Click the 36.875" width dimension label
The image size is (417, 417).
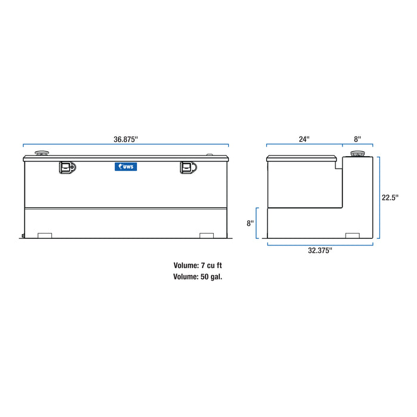[126, 139]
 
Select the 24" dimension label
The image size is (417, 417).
[304, 139]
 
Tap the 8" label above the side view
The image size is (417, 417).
[357, 139]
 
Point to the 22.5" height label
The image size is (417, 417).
[390, 197]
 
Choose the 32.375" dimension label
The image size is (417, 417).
[320, 251]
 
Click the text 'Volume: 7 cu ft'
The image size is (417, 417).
[198, 266]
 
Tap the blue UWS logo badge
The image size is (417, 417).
[126, 167]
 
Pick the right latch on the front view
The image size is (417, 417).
[188, 169]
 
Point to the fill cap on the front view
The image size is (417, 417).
[43, 154]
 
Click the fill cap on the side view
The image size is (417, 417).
[357, 154]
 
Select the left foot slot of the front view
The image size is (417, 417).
[45, 235]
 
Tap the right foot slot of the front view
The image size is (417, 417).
[207, 235]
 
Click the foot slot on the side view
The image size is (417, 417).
[352, 235]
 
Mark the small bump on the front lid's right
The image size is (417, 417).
[208, 155]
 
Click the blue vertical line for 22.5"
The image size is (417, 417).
[379, 197]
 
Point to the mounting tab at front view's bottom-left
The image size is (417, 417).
[21, 236]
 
